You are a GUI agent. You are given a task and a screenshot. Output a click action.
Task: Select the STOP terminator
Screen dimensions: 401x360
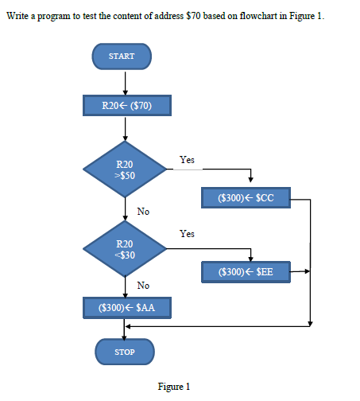[124, 351]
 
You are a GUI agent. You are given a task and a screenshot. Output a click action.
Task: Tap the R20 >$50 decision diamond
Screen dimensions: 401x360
[125, 169]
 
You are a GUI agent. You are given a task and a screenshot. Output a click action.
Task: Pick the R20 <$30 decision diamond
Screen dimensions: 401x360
[125, 248]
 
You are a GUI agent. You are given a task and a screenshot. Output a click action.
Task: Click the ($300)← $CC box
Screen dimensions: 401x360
[245, 197]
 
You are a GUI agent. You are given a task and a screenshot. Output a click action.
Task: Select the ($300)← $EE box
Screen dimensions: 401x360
[245, 271]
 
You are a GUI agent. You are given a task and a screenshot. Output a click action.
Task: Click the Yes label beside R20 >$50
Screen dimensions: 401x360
[187, 160]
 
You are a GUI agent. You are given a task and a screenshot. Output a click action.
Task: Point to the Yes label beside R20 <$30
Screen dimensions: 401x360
[187, 234]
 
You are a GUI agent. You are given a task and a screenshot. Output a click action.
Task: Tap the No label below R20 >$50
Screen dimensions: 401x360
[143, 212]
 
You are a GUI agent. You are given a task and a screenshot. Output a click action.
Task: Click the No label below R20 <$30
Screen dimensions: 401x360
[143, 285]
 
